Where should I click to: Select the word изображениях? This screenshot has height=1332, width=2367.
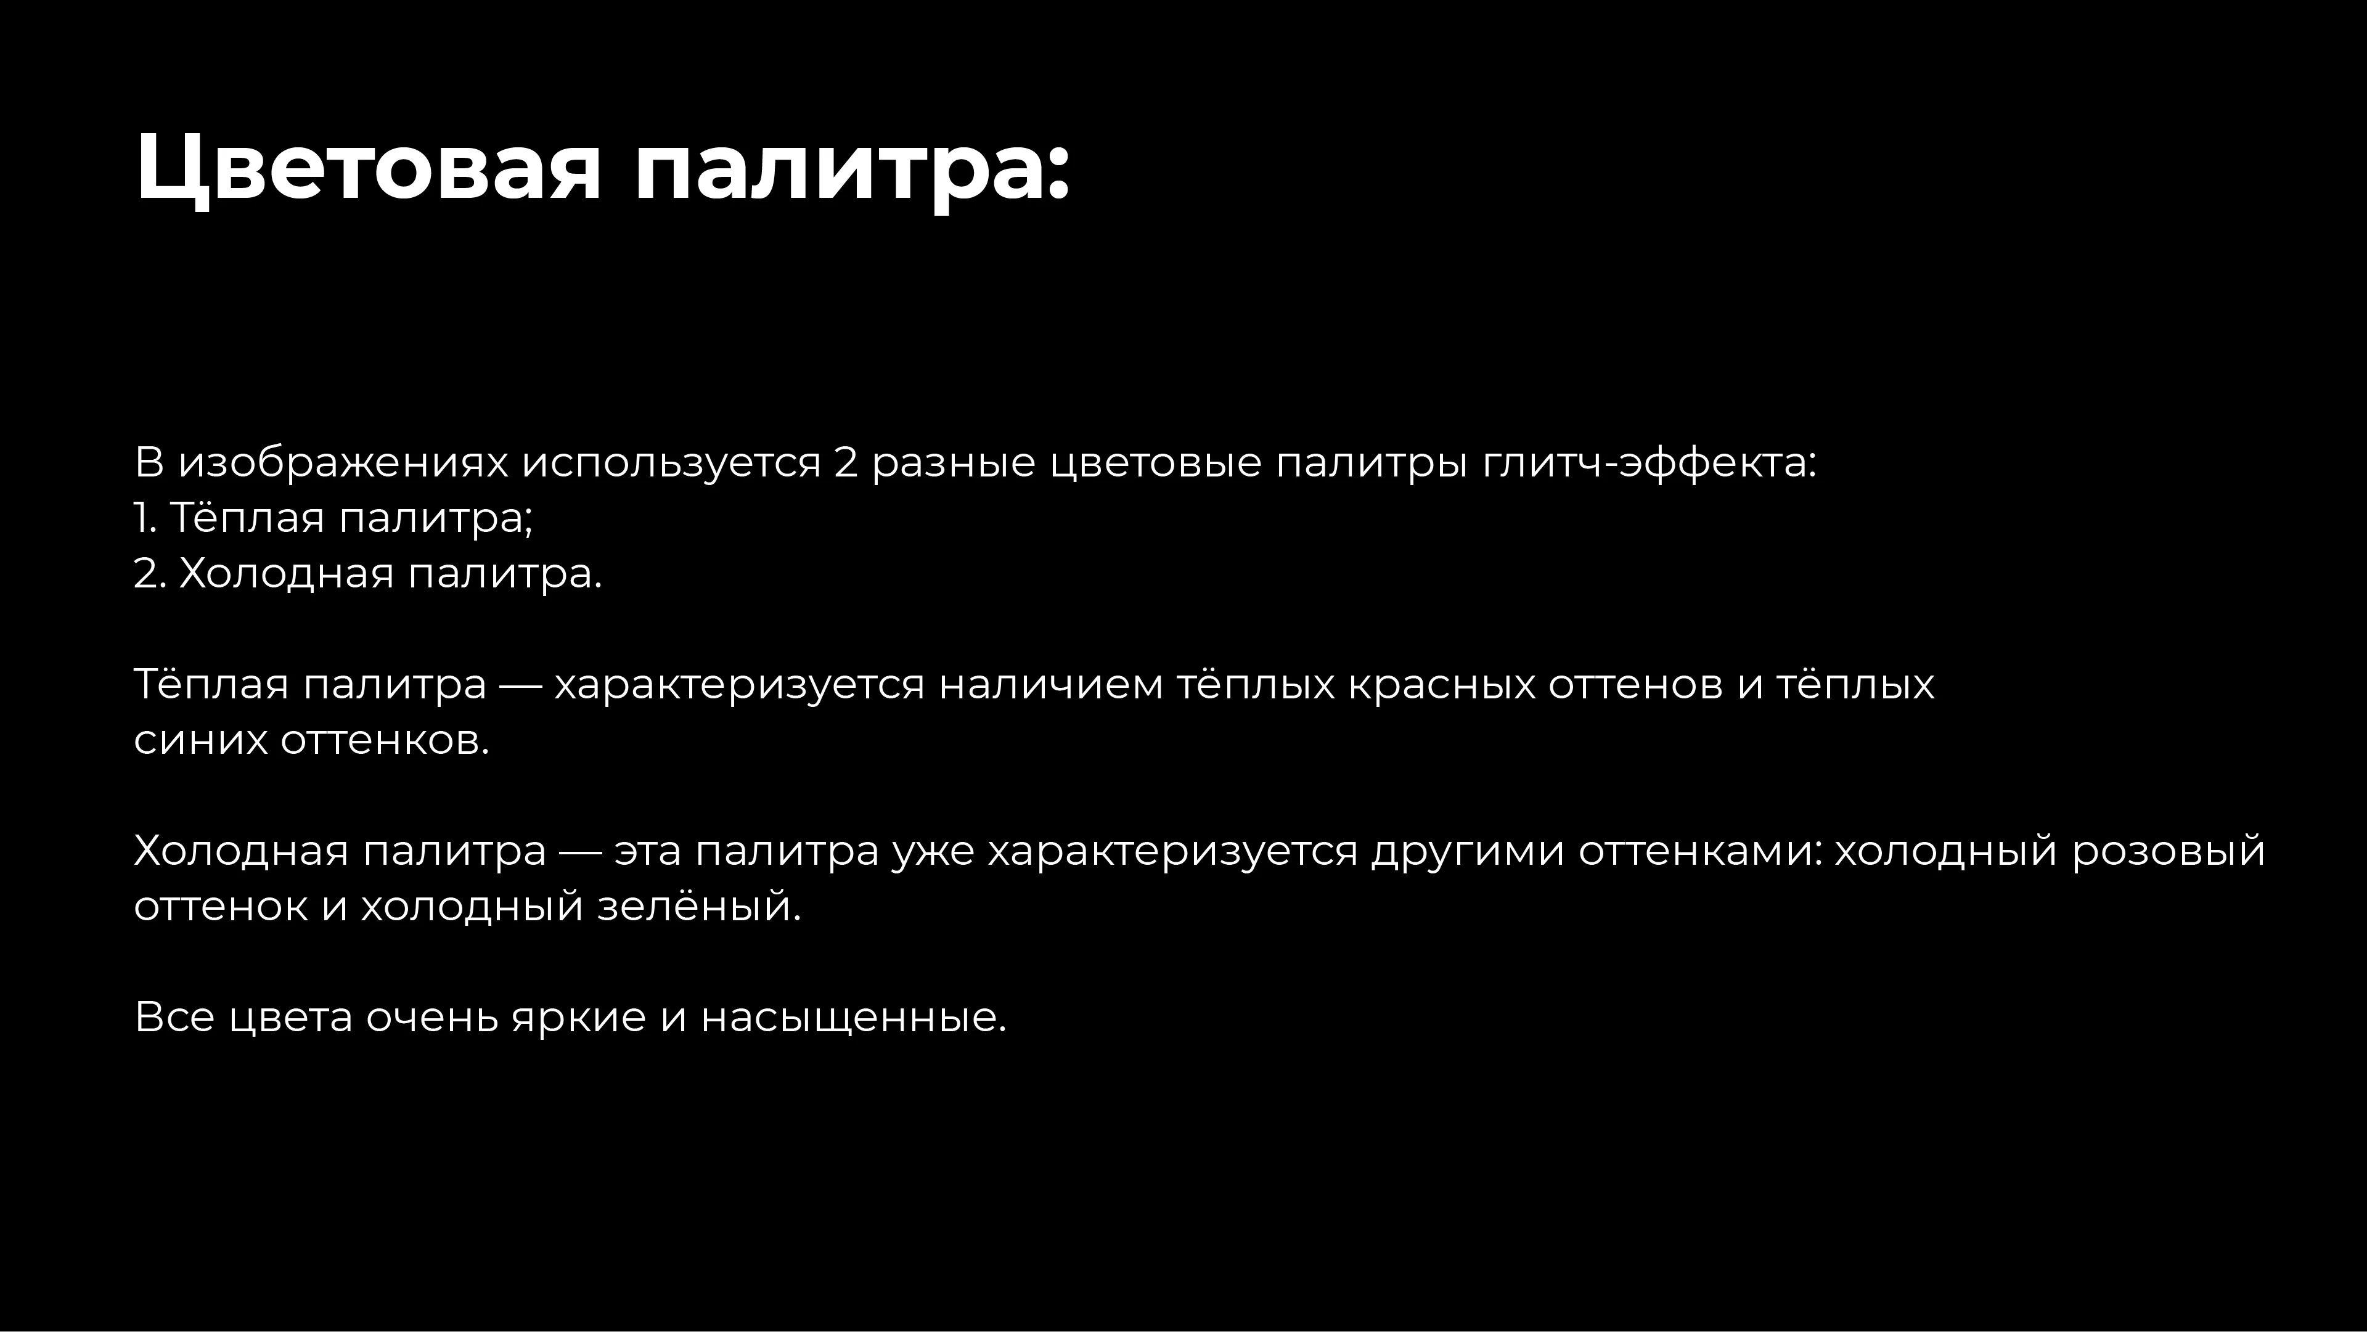[343, 463]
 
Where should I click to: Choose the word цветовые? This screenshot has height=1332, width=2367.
[1155, 463]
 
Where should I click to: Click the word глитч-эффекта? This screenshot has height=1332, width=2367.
[1650, 463]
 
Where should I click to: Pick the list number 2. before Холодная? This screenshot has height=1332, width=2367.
[149, 574]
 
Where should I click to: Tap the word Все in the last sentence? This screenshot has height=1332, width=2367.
[174, 1018]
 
